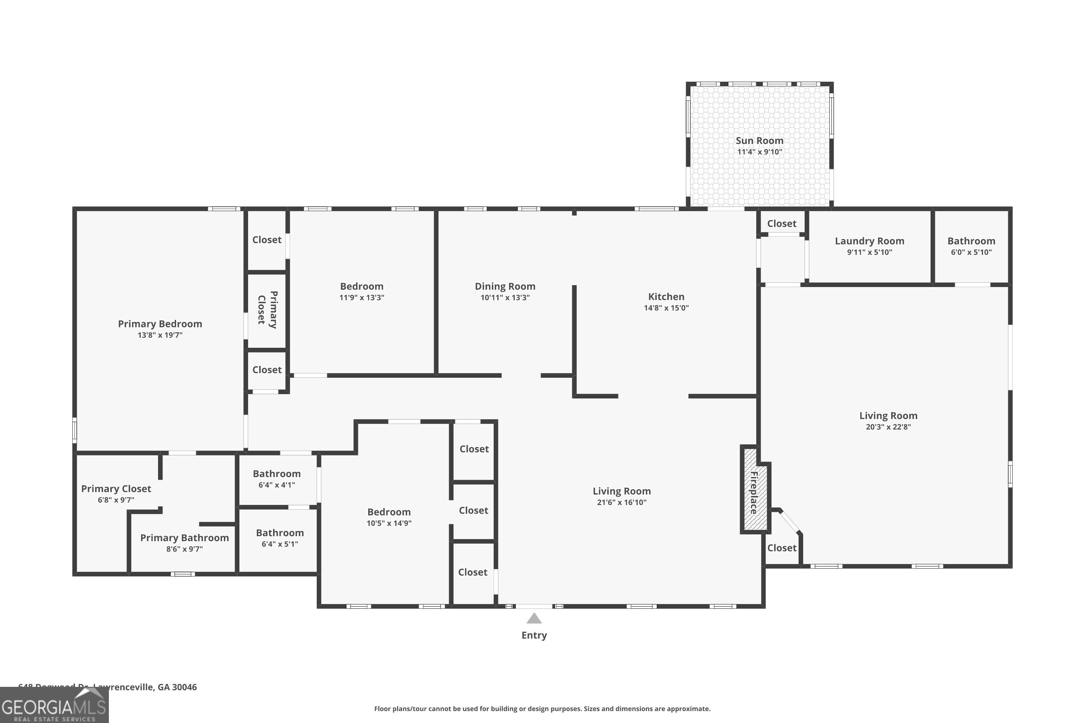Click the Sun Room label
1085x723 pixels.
click(759, 141)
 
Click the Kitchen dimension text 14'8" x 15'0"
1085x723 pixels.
click(666, 308)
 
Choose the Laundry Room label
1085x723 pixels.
click(869, 241)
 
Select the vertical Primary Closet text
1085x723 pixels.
click(267, 309)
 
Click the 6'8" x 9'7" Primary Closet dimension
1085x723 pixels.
click(116, 500)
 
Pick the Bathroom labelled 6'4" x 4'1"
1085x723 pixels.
click(276, 474)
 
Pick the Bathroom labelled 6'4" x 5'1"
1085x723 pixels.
click(280, 533)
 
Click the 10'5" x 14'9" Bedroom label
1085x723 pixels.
click(388, 512)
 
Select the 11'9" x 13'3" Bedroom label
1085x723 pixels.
click(361, 287)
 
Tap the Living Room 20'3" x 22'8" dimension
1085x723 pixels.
click(888, 427)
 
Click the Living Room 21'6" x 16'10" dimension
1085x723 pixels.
click(621, 502)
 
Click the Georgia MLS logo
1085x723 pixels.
click(54, 706)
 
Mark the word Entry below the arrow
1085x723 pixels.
click(534, 636)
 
